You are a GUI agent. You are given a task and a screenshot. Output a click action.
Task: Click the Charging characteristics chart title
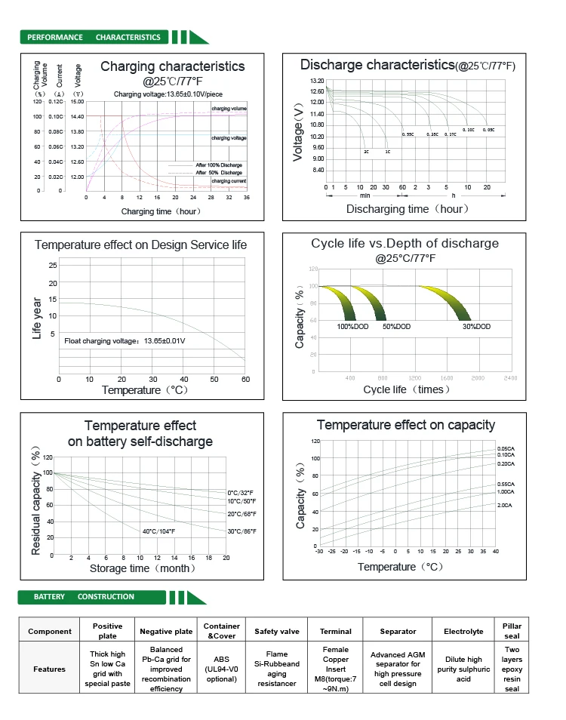(x=172, y=66)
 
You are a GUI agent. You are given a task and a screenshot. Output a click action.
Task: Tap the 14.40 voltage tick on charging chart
(x=77, y=117)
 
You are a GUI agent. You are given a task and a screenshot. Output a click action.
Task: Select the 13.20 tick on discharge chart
(x=317, y=81)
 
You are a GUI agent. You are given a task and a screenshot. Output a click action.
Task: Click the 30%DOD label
(x=476, y=327)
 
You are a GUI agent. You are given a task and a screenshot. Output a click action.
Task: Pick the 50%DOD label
(x=396, y=327)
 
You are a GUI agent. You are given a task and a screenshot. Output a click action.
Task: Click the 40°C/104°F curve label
(x=158, y=531)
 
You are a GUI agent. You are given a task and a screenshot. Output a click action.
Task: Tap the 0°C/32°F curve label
(x=241, y=492)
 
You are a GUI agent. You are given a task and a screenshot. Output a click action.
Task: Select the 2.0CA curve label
(x=505, y=505)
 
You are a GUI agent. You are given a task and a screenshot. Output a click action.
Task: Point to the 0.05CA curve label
(x=506, y=448)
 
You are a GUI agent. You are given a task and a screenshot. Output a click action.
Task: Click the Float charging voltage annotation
(x=125, y=341)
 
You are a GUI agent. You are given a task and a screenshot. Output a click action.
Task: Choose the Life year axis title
(x=37, y=318)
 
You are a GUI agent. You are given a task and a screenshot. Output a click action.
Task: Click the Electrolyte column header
(x=463, y=632)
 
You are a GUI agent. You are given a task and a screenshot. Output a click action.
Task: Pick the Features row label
(x=50, y=669)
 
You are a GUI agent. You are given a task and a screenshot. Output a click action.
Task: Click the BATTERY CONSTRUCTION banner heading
(x=84, y=597)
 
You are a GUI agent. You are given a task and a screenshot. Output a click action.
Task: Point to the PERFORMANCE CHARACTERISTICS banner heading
(x=94, y=37)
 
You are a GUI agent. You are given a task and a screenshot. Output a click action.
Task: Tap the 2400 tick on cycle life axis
(x=511, y=377)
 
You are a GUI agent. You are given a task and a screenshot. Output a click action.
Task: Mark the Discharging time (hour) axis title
(x=408, y=209)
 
